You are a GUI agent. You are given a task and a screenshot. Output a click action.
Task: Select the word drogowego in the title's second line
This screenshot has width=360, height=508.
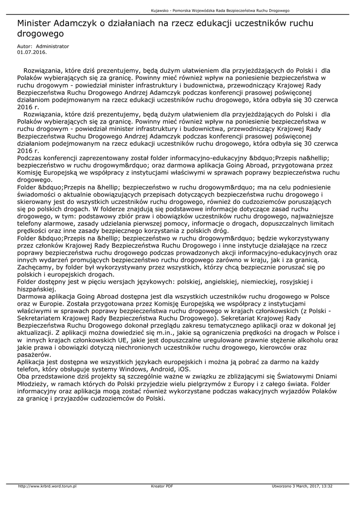(x=41, y=34)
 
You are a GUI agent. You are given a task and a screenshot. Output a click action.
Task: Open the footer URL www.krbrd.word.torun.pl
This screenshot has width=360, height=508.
(x=47, y=486)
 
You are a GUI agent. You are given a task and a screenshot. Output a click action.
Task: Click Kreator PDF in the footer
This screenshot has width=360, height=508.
(x=162, y=486)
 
